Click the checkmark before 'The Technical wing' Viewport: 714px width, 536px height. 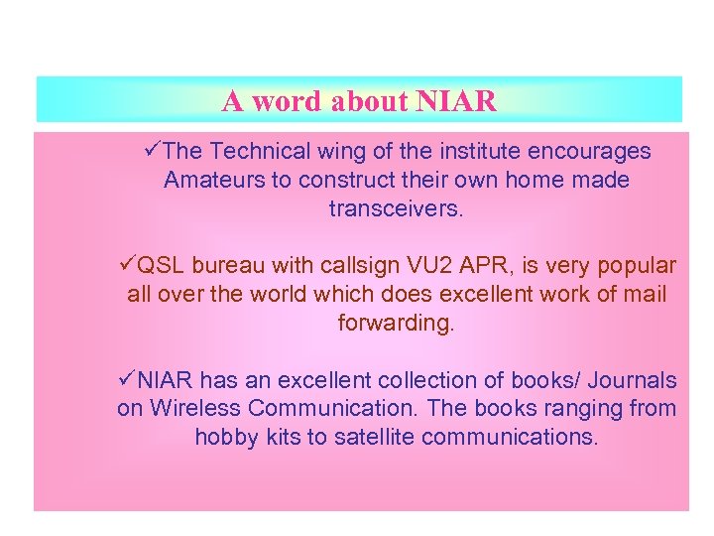point(151,151)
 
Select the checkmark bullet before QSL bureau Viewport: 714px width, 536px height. point(125,265)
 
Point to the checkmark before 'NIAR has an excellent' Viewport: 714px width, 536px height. point(125,379)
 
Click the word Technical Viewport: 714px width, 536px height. point(258,152)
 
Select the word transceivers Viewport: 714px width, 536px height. point(396,209)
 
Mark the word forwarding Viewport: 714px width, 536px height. point(396,324)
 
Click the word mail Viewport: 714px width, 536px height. point(646,295)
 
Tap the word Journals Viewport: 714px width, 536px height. point(634,380)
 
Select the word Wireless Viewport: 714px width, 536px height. point(193,409)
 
